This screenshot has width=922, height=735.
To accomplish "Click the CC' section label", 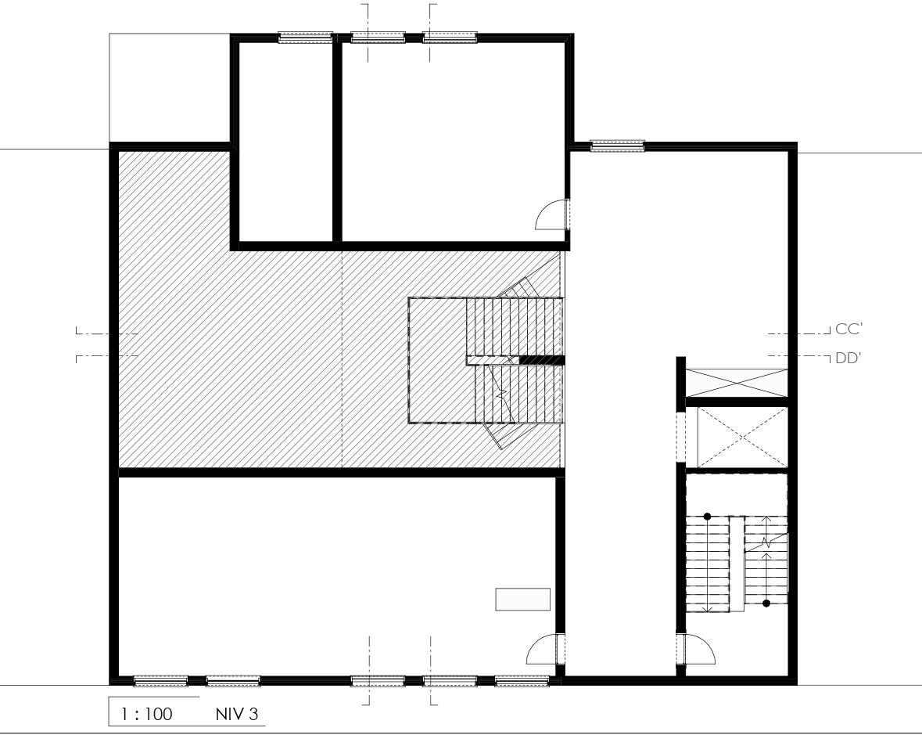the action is (848, 329).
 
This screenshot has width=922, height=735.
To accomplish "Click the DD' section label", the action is (848, 358).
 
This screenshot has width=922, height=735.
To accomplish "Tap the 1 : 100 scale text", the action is (146, 715).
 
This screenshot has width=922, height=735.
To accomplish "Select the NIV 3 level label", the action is (236, 715).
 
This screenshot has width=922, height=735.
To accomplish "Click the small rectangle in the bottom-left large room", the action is (522, 599).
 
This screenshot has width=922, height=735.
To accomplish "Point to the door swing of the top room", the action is (551, 214).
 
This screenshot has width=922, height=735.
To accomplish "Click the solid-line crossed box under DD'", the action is (737, 383).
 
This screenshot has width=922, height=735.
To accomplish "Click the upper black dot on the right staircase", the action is (708, 517).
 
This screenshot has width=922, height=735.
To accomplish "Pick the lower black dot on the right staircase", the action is (766, 603).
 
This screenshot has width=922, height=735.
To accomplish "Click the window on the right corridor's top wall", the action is (618, 146).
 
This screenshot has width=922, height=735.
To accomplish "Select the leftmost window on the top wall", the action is (306, 37).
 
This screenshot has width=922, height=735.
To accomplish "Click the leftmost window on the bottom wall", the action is (160, 681).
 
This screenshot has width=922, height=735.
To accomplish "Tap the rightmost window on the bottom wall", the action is (522, 681).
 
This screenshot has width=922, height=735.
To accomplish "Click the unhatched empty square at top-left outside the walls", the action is (170, 87).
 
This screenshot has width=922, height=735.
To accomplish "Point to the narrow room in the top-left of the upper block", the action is (285, 141).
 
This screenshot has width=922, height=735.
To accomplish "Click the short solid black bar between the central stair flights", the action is (542, 360).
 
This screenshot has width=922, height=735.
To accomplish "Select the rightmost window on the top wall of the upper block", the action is (450, 37).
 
